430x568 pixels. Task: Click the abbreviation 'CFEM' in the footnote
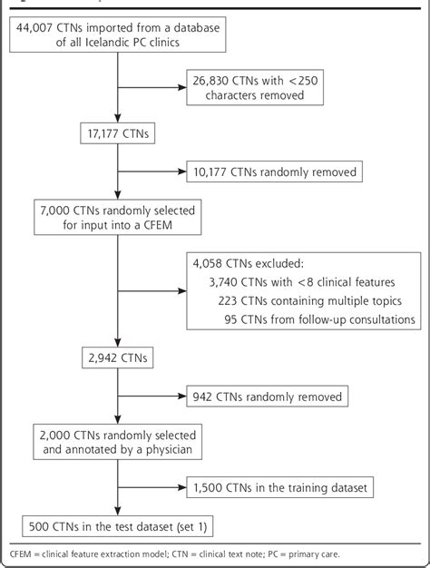pyautogui.click(x=22, y=550)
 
